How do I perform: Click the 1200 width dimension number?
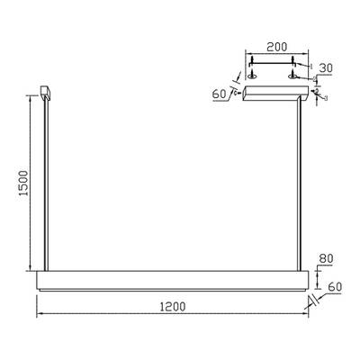click(x=172, y=306)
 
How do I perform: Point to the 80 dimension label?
click(x=328, y=259)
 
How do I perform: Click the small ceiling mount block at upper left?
click(x=45, y=92)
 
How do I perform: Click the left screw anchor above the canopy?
click(x=253, y=67)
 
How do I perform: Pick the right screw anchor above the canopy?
click(x=294, y=67)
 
